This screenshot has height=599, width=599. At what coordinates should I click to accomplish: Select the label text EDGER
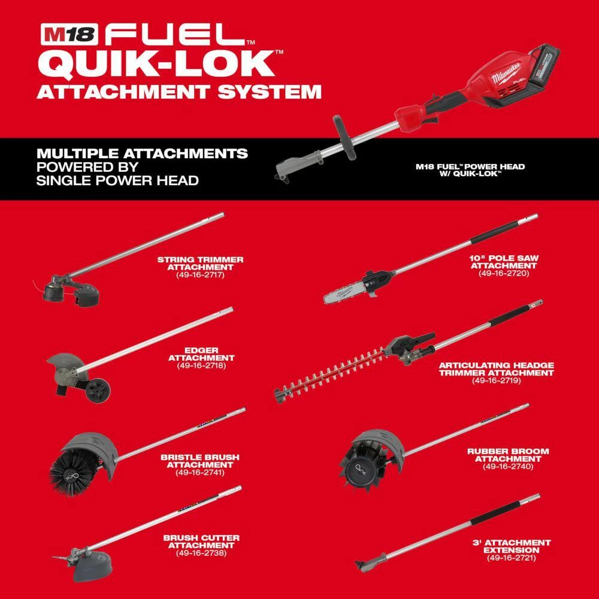pyautogui.click(x=201, y=349)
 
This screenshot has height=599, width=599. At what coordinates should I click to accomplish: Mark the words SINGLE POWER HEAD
pyautogui.click(x=118, y=180)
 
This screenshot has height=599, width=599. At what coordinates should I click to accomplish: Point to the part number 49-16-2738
pyautogui.click(x=201, y=553)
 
